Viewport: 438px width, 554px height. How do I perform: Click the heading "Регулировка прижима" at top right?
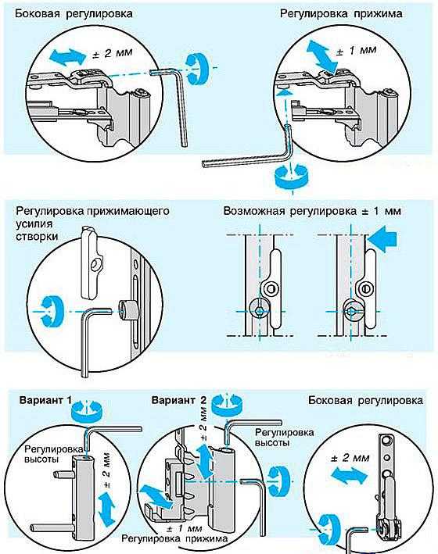(x=341, y=14)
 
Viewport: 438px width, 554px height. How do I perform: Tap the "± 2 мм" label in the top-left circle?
(x=112, y=53)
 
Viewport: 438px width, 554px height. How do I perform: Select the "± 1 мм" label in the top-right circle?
(x=356, y=51)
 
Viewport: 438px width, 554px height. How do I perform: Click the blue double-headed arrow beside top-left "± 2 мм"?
(x=68, y=56)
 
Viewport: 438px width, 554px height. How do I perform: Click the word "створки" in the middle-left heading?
(x=37, y=236)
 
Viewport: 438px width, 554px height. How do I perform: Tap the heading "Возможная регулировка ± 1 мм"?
(x=312, y=211)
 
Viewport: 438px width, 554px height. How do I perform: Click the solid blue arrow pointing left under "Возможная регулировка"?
(x=382, y=240)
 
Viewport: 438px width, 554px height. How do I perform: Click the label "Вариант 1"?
(x=45, y=400)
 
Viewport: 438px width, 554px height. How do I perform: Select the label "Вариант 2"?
(x=178, y=400)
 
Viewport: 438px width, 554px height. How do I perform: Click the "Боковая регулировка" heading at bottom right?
(x=365, y=400)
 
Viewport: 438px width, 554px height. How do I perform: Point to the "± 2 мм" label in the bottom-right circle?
(x=350, y=458)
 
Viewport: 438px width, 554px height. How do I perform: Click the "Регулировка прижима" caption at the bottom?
(x=174, y=539)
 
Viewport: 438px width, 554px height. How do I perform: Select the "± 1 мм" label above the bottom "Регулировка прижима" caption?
(x=183, y=528)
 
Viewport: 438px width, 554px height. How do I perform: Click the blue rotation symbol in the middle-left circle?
(x=52, y=311)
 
